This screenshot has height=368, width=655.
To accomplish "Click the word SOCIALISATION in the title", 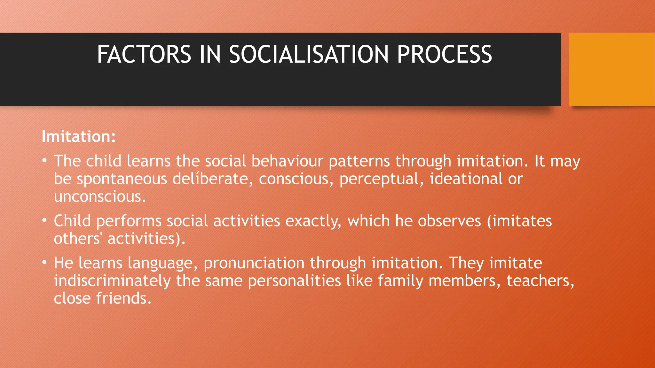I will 309,54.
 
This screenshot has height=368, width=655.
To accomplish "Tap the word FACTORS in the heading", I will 144,54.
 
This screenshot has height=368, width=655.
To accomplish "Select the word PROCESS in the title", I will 444,54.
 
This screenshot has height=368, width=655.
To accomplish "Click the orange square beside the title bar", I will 612,69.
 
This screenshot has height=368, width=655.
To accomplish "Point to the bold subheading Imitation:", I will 78,137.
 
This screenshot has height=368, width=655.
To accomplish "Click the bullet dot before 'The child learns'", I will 45,160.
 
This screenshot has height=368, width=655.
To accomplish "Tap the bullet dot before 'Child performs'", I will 45,220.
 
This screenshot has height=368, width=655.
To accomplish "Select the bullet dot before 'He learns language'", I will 45,262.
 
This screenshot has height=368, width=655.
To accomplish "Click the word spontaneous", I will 122,179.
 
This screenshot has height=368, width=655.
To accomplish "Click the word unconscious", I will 99,196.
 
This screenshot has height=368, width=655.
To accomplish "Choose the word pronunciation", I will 254,263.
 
